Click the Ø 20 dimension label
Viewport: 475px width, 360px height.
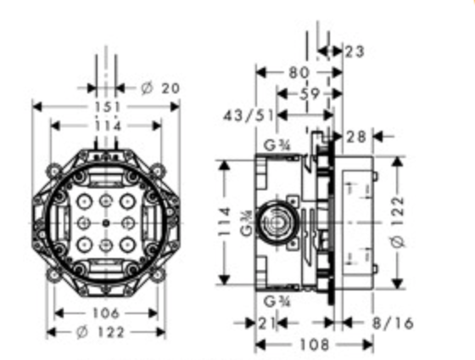160,88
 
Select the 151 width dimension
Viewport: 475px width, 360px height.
108,107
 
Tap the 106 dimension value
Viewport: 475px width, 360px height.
106,313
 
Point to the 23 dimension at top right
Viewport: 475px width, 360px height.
355,52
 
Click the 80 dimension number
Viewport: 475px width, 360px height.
299,73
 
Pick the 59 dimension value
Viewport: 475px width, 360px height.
310,94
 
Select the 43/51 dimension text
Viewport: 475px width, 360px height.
249,115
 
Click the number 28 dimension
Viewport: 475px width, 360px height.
356,137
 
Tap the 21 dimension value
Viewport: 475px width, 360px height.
266,323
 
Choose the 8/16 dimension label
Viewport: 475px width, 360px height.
393,323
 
